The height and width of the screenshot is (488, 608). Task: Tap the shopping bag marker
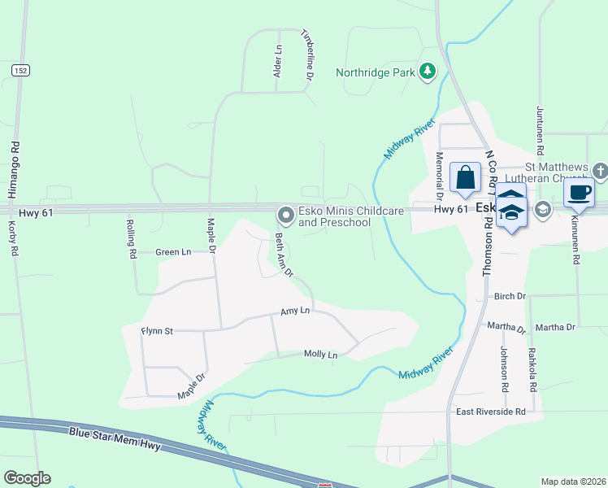(x=465, y=177)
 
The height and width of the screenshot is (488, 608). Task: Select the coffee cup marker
(x=578, y=194)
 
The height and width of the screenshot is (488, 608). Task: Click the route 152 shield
(x=20, y=72)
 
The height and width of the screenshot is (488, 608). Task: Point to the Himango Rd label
(x=14, y=170)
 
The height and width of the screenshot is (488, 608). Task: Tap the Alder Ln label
(x=277, y=61)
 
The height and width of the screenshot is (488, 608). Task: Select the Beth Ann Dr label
(x=284, y=255)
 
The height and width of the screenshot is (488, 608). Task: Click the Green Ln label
(x=173, y=252)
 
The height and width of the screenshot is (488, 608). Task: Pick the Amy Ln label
(x=295, y=311)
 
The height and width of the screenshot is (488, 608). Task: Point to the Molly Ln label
(x=320, y=354)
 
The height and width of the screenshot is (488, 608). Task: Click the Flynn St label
(x=157, y=331)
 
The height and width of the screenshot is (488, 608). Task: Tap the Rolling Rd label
(x=131, y=238)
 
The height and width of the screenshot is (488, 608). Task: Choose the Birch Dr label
(x=510, y=296)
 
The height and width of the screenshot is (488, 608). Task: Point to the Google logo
(x=27, y=478)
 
